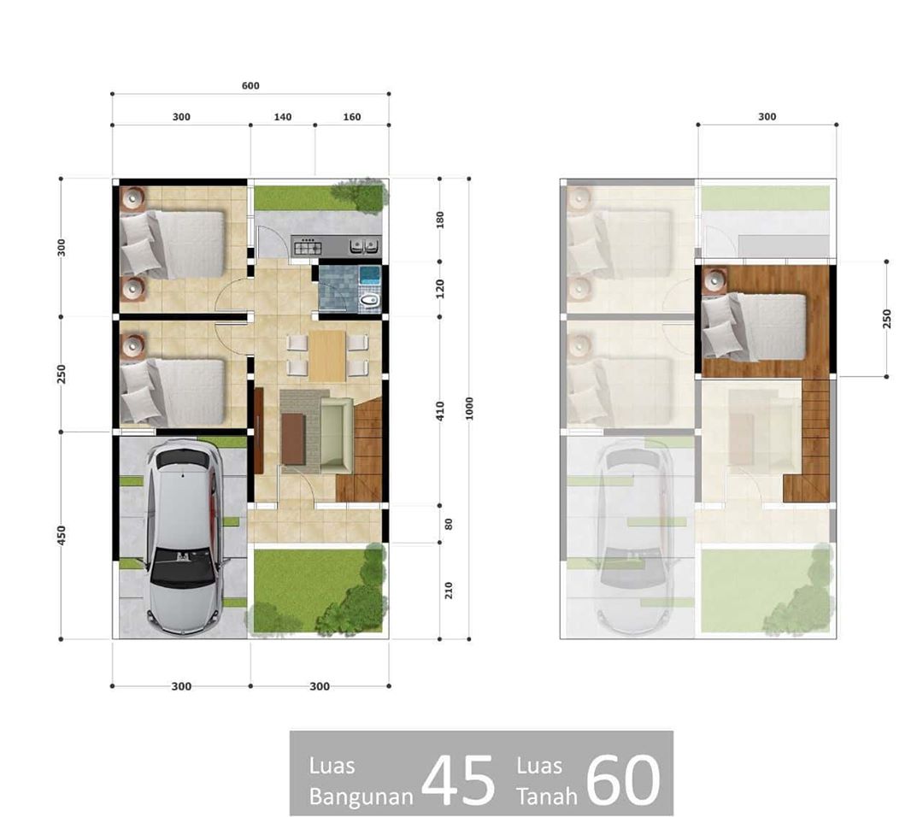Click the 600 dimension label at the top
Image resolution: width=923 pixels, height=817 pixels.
[250, 86]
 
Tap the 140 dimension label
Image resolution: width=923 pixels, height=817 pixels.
[283, 117]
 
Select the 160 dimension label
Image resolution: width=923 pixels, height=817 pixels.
[352, 117]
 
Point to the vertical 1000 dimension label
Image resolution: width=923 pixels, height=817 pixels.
[469, 408]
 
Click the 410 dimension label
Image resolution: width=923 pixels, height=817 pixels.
[440, 411]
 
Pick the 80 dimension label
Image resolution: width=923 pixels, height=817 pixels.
[449, 524]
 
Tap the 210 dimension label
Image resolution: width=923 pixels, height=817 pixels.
[449, 591]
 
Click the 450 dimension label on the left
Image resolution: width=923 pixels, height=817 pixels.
[62, 536]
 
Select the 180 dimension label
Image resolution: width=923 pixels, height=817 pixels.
[440, 220]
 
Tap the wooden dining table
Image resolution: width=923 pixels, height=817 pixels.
[327, 356]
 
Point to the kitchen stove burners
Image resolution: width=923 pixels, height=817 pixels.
[308, 246]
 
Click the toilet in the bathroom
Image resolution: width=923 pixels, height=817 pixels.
[369, 301]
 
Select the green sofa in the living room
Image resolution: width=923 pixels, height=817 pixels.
[336, 436]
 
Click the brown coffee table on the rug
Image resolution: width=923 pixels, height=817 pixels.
[293, 439]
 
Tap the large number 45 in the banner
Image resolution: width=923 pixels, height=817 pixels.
[459, 780]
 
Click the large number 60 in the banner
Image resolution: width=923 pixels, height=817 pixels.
[624, 780]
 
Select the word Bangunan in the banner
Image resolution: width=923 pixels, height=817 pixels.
[361, 796]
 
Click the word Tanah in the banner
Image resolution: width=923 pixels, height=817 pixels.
[547, 796]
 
